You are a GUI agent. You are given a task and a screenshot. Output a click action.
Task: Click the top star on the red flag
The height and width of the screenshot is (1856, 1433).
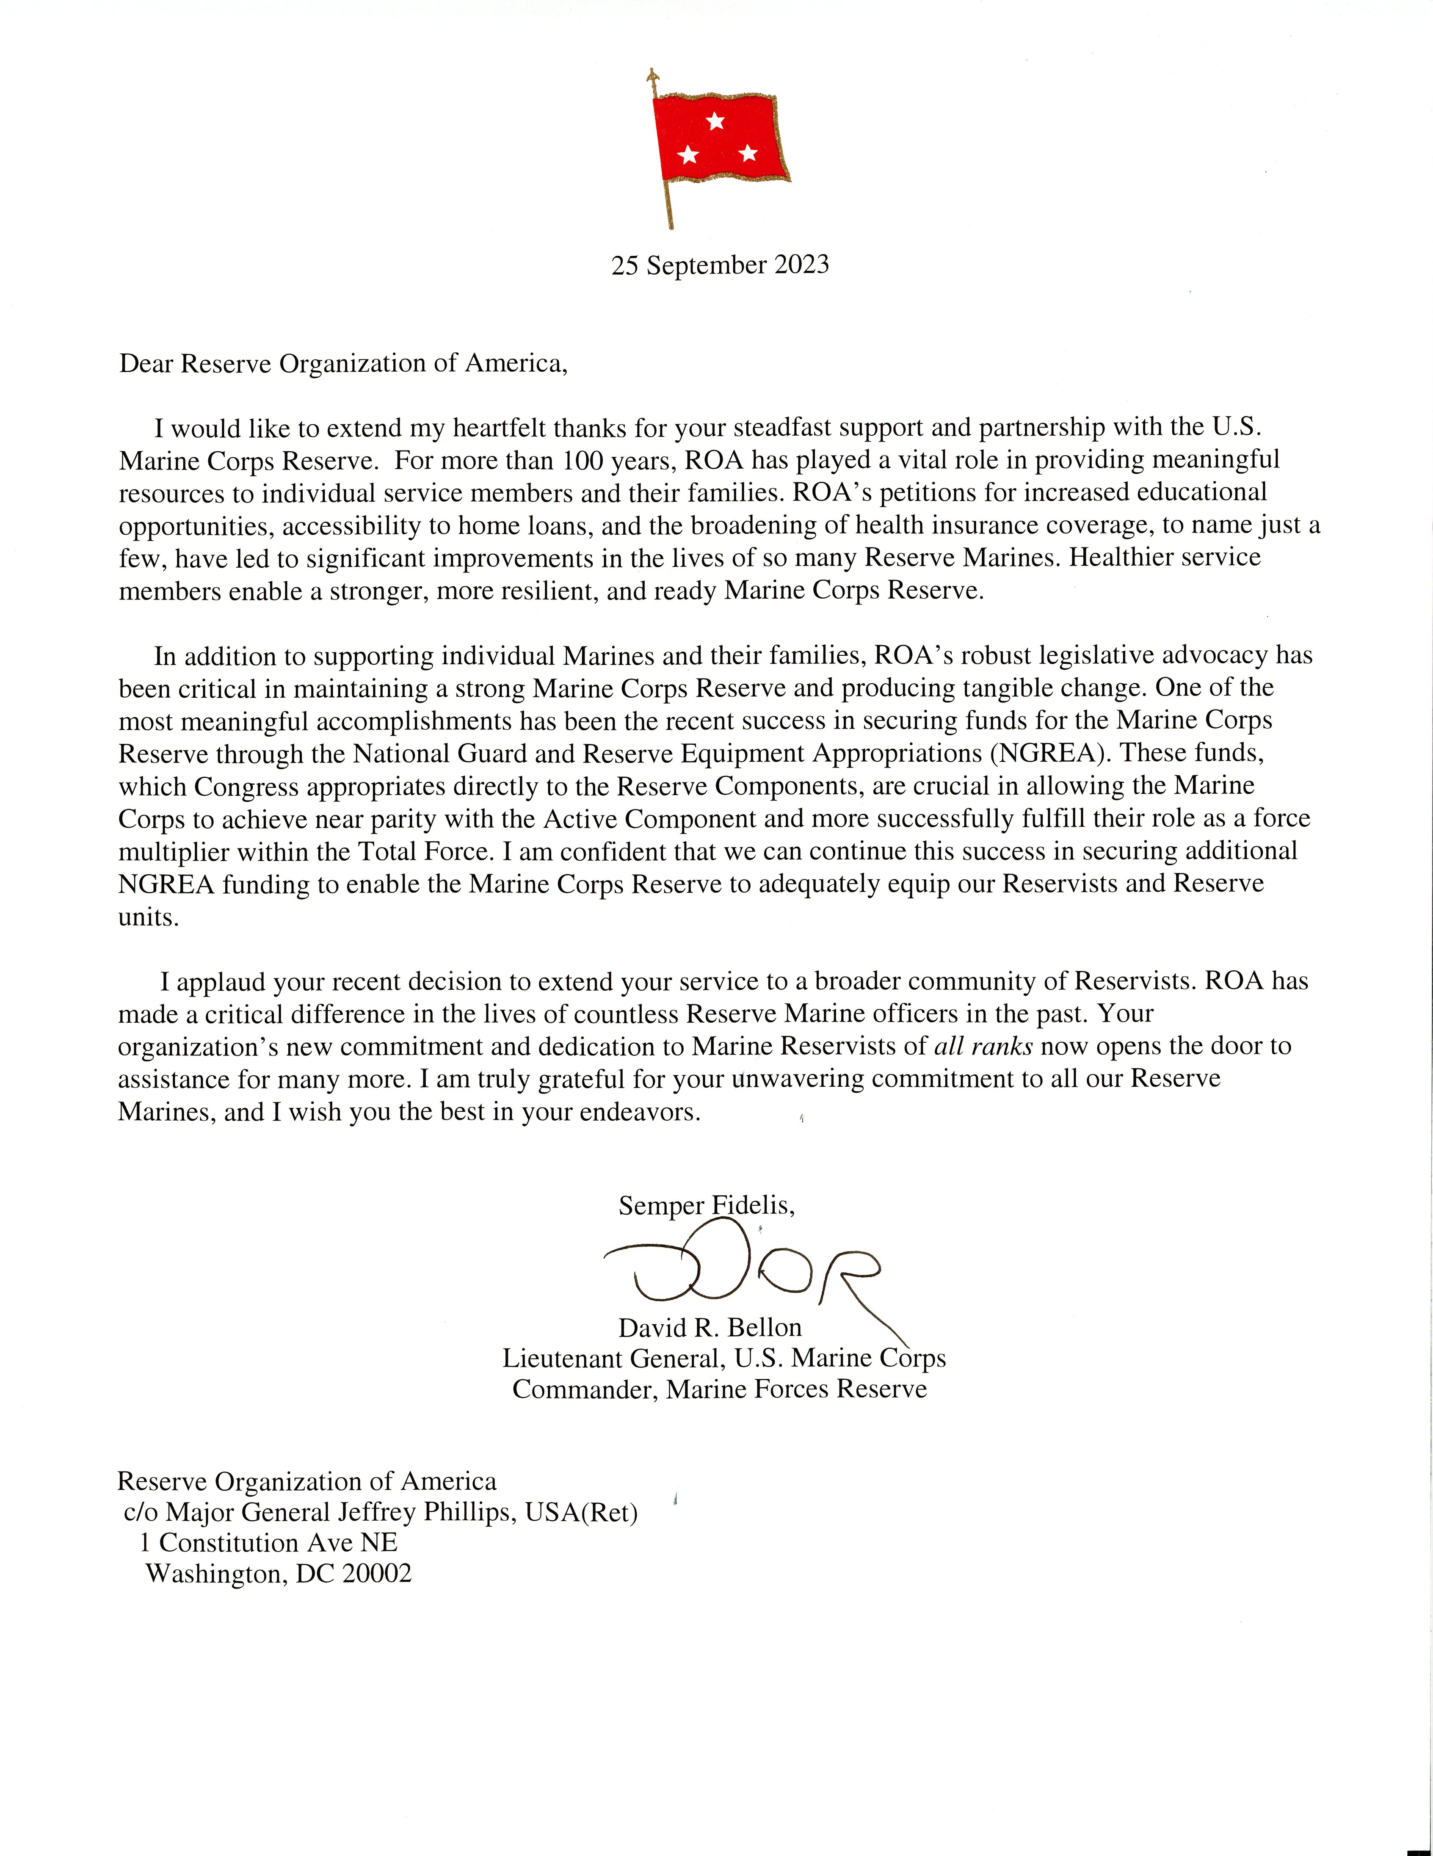coord(715,122)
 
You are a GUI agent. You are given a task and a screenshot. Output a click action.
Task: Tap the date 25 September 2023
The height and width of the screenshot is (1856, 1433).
coord(720,265)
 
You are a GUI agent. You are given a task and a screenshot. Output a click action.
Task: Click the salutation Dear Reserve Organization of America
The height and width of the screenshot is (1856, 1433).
coord(342,364)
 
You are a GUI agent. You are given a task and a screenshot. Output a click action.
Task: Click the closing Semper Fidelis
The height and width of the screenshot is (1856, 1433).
coord(706,1205)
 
